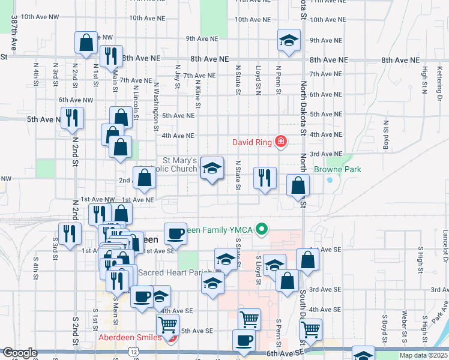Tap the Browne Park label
[345, 170]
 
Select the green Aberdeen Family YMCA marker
[261, 229]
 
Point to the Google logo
[20, 353]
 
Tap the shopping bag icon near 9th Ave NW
[86, 43]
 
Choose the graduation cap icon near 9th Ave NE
[289, 41]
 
